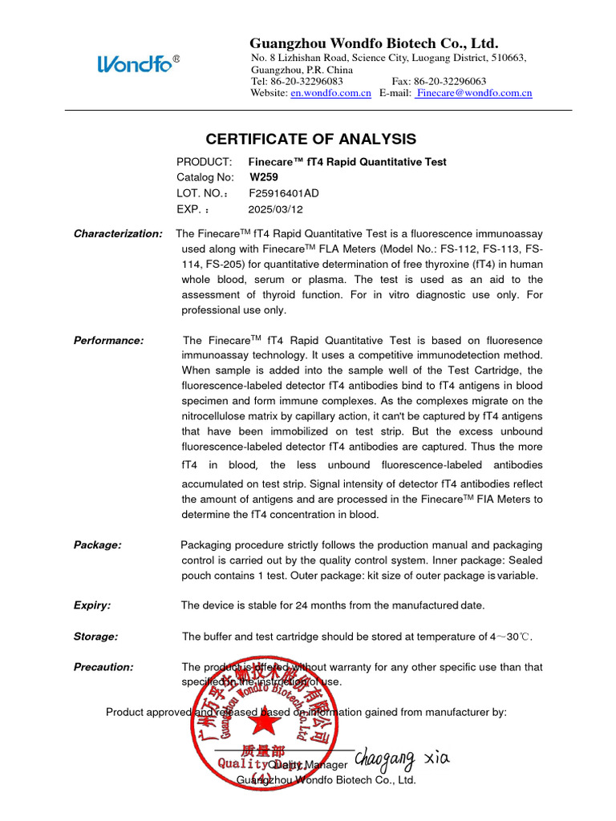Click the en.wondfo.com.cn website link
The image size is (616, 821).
pyautogui.click(x=330, y=94)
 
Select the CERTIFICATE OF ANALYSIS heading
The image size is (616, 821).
pyautogui.click(x=311, y=139)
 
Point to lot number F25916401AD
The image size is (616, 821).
pyautogui.click(x=283, y=193)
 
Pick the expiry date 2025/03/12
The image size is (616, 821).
pyautogui.click(x=275, y=209)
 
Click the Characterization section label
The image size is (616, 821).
pyautogui.click(x=118, y=233)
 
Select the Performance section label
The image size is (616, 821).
pyautogui.click(x=108, y=340)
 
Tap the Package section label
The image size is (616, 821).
pyautogui.click(x=98, y=545)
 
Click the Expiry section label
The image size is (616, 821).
pyautogui.click(x=92, y=605)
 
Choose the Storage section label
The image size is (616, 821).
pyautogui.click(x=95, y=637)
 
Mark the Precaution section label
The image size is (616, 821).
pyautogui.click(x=103, y=667)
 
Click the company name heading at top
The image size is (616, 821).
pyautogui.click(x=374, y=43)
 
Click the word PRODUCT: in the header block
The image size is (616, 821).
pyautogui.click(x=204, y=162)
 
